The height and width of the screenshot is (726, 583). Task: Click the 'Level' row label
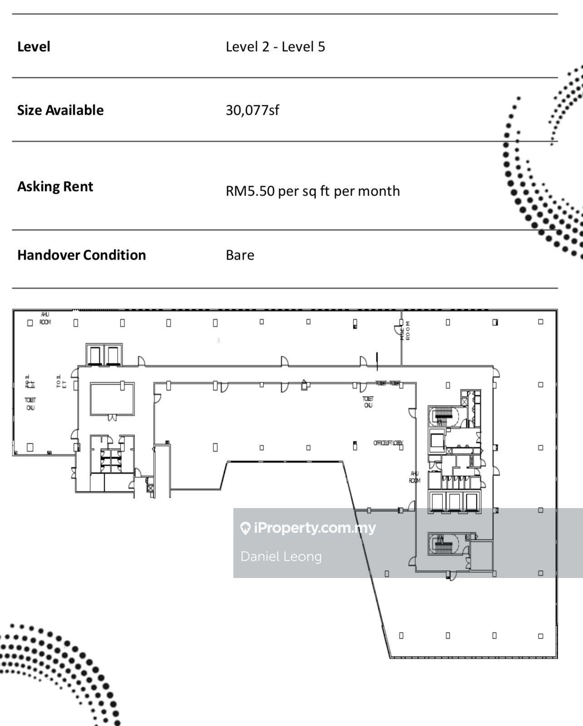34,47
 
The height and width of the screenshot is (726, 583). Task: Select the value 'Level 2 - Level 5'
275,47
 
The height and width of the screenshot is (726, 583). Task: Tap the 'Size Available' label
60,110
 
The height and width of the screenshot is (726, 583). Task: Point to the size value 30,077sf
252,110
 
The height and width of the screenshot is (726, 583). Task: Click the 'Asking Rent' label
55,187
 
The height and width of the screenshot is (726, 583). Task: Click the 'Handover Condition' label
82,255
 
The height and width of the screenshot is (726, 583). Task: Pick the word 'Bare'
240,255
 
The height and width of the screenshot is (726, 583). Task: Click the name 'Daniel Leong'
281,557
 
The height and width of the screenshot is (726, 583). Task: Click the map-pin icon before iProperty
245,528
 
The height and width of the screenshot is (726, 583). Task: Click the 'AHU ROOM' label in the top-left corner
45,318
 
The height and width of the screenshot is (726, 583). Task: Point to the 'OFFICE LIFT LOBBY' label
388,443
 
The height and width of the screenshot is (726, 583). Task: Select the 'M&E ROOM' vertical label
405,331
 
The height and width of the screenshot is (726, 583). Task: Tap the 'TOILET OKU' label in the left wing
30,404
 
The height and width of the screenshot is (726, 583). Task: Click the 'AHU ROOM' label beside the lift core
415,477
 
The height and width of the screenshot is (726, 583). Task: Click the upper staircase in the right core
443,415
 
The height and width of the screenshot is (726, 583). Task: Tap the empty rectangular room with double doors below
112,399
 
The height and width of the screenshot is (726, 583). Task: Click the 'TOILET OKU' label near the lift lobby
368,402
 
